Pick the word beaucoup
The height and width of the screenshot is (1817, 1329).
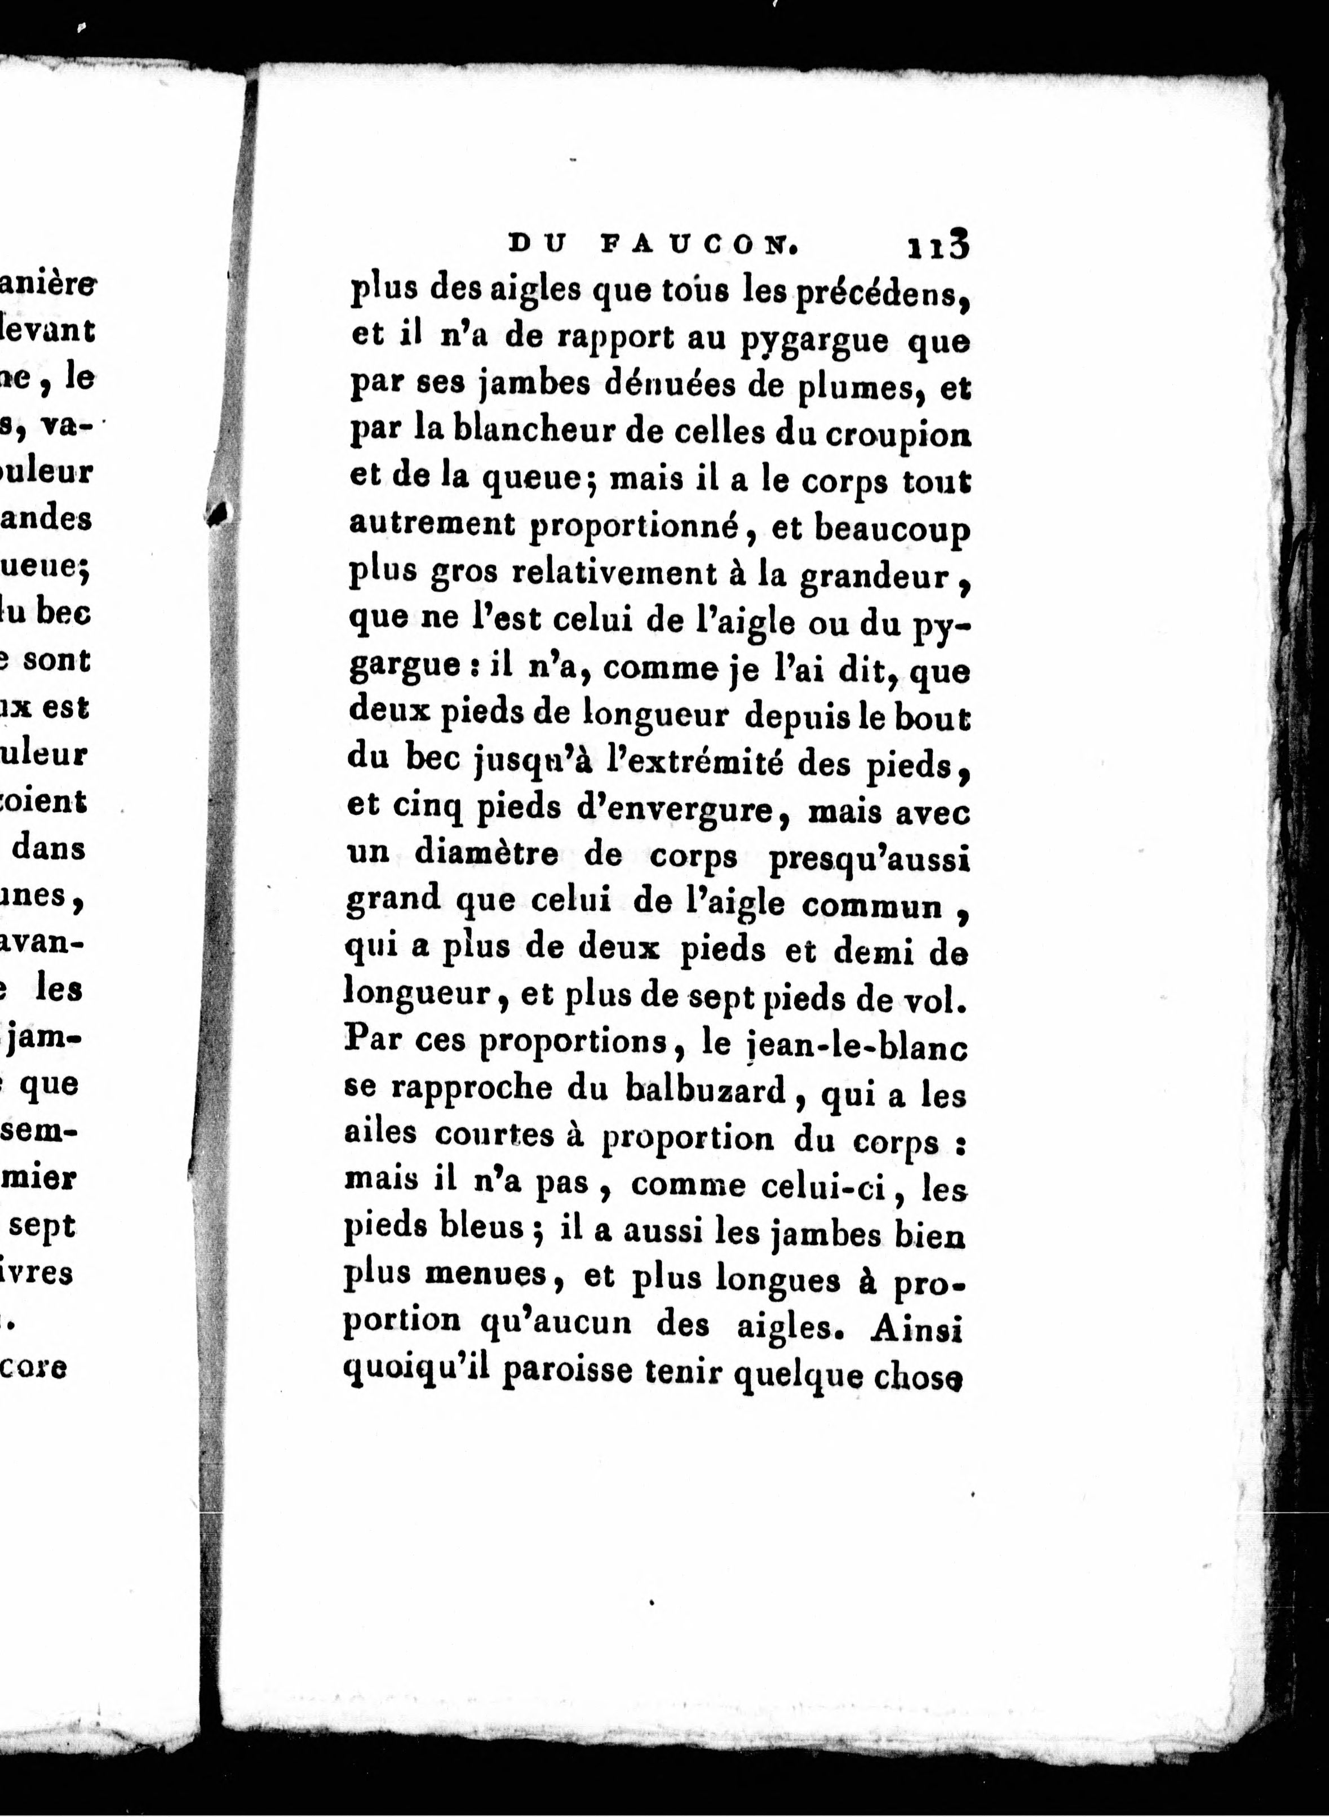(x=892, y=529)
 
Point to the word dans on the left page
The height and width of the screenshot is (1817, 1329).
(x=49, y=848)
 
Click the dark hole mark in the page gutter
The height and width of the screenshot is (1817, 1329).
(x=219, y=512)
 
